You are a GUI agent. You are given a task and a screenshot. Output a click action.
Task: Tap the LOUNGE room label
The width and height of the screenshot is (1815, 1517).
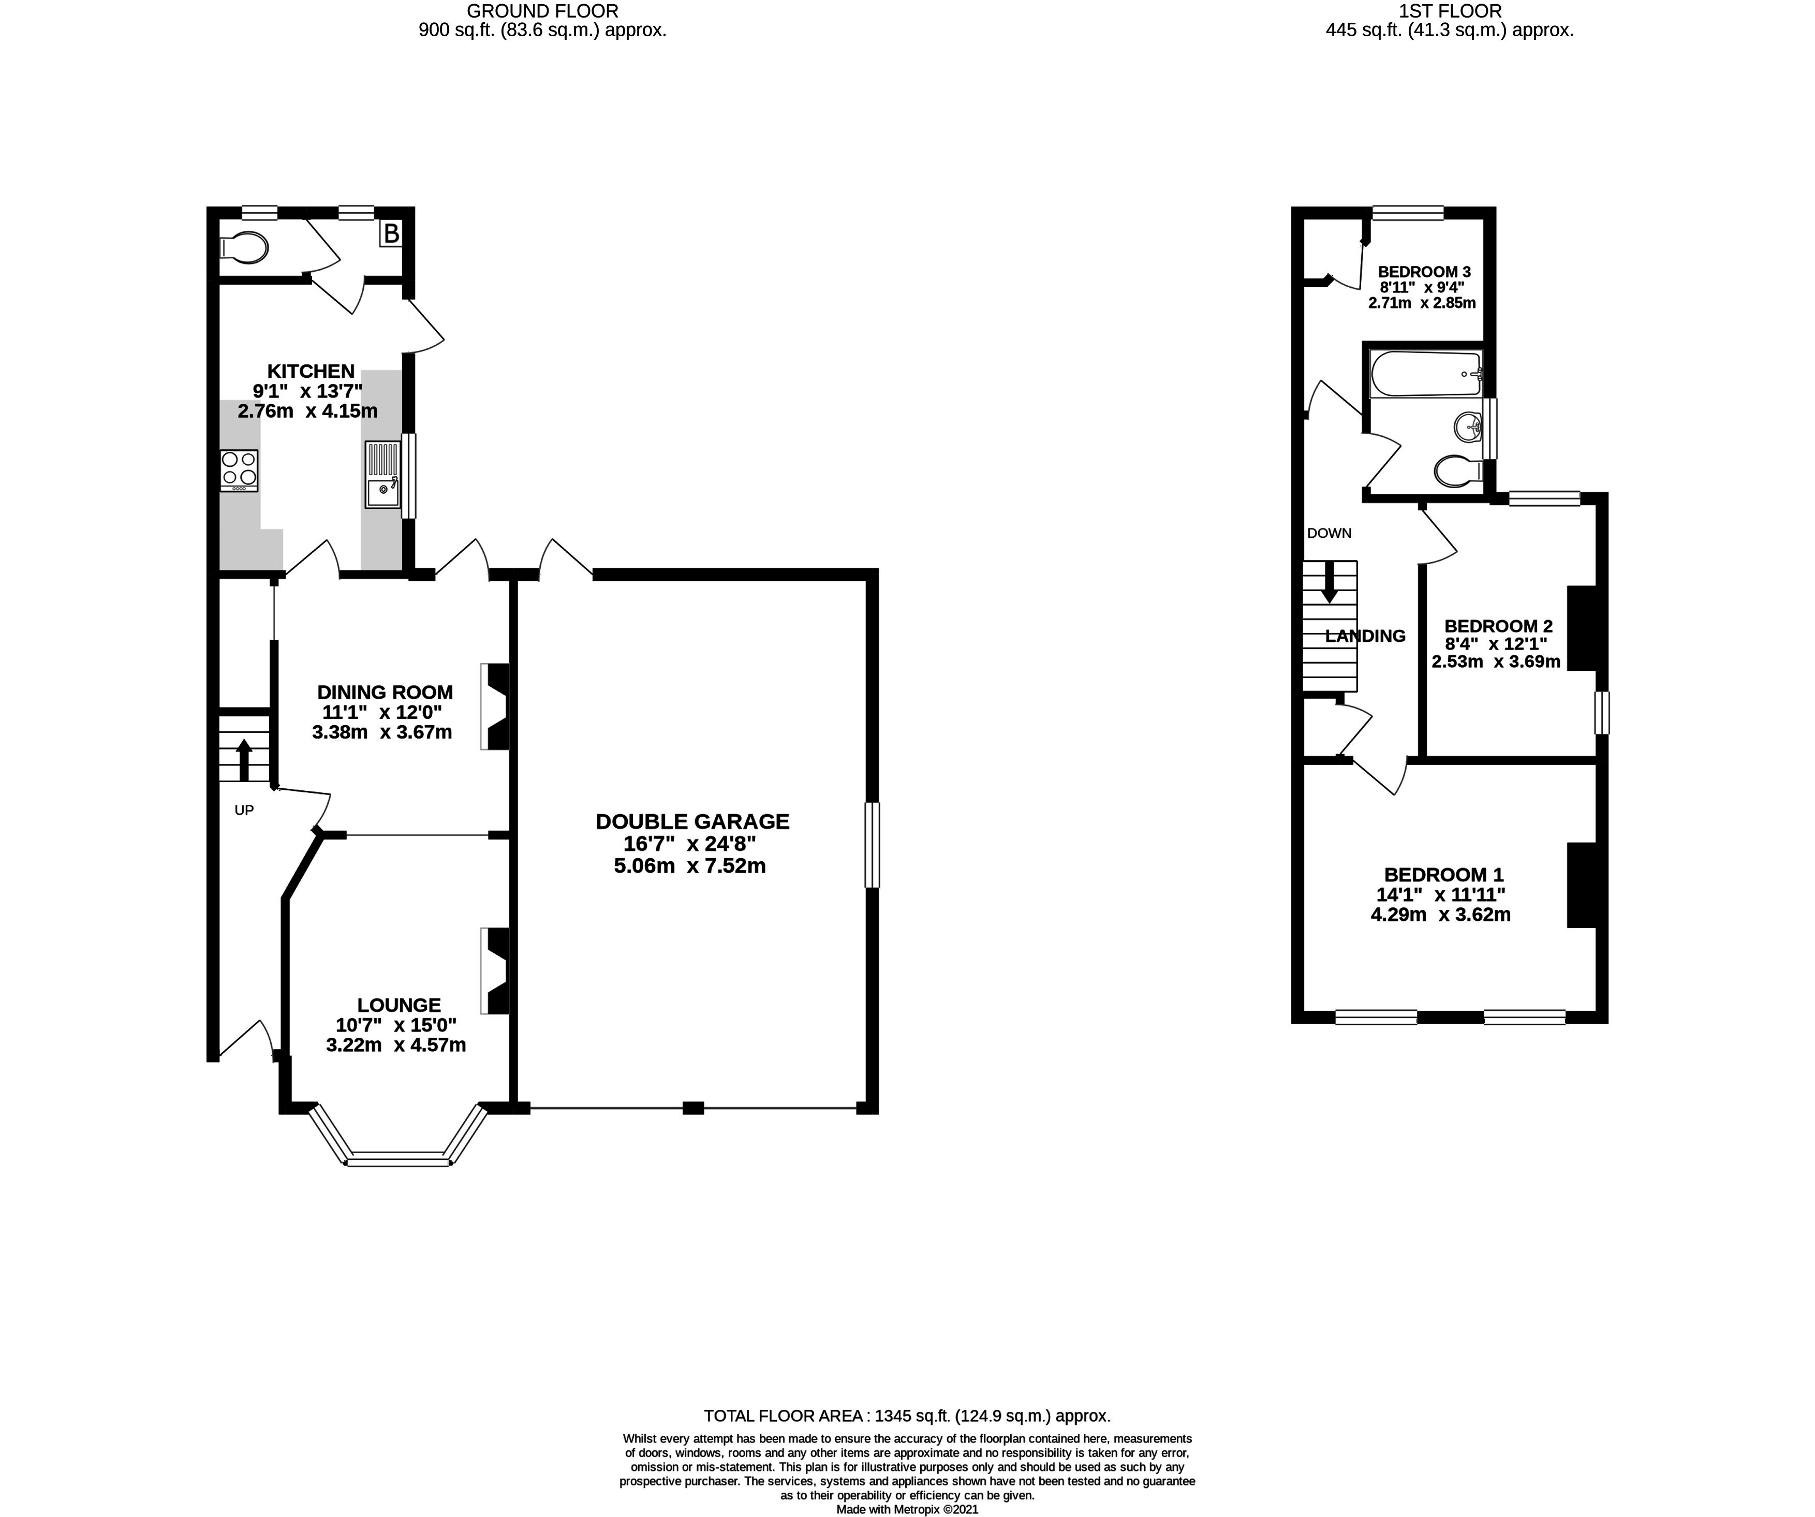400,1005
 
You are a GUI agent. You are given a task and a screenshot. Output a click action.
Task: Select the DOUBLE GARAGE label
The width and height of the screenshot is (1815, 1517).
692,821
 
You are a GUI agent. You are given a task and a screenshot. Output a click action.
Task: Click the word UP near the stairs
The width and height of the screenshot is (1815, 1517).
245,810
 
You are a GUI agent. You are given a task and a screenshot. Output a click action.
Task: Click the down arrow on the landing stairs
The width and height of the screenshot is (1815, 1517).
1329,583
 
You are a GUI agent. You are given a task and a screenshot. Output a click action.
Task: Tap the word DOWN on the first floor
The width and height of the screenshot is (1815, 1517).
1329,533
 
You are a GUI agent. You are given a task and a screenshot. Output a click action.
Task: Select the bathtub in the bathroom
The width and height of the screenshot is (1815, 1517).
1426,374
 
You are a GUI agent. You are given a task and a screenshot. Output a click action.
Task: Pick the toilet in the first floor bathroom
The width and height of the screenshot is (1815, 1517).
1459,471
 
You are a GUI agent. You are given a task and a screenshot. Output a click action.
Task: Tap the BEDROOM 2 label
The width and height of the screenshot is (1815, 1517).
1499,626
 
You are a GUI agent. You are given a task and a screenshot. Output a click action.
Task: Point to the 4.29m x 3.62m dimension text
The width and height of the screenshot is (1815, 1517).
1441,915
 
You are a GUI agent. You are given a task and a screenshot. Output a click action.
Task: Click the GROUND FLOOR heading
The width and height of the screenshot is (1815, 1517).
543,11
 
